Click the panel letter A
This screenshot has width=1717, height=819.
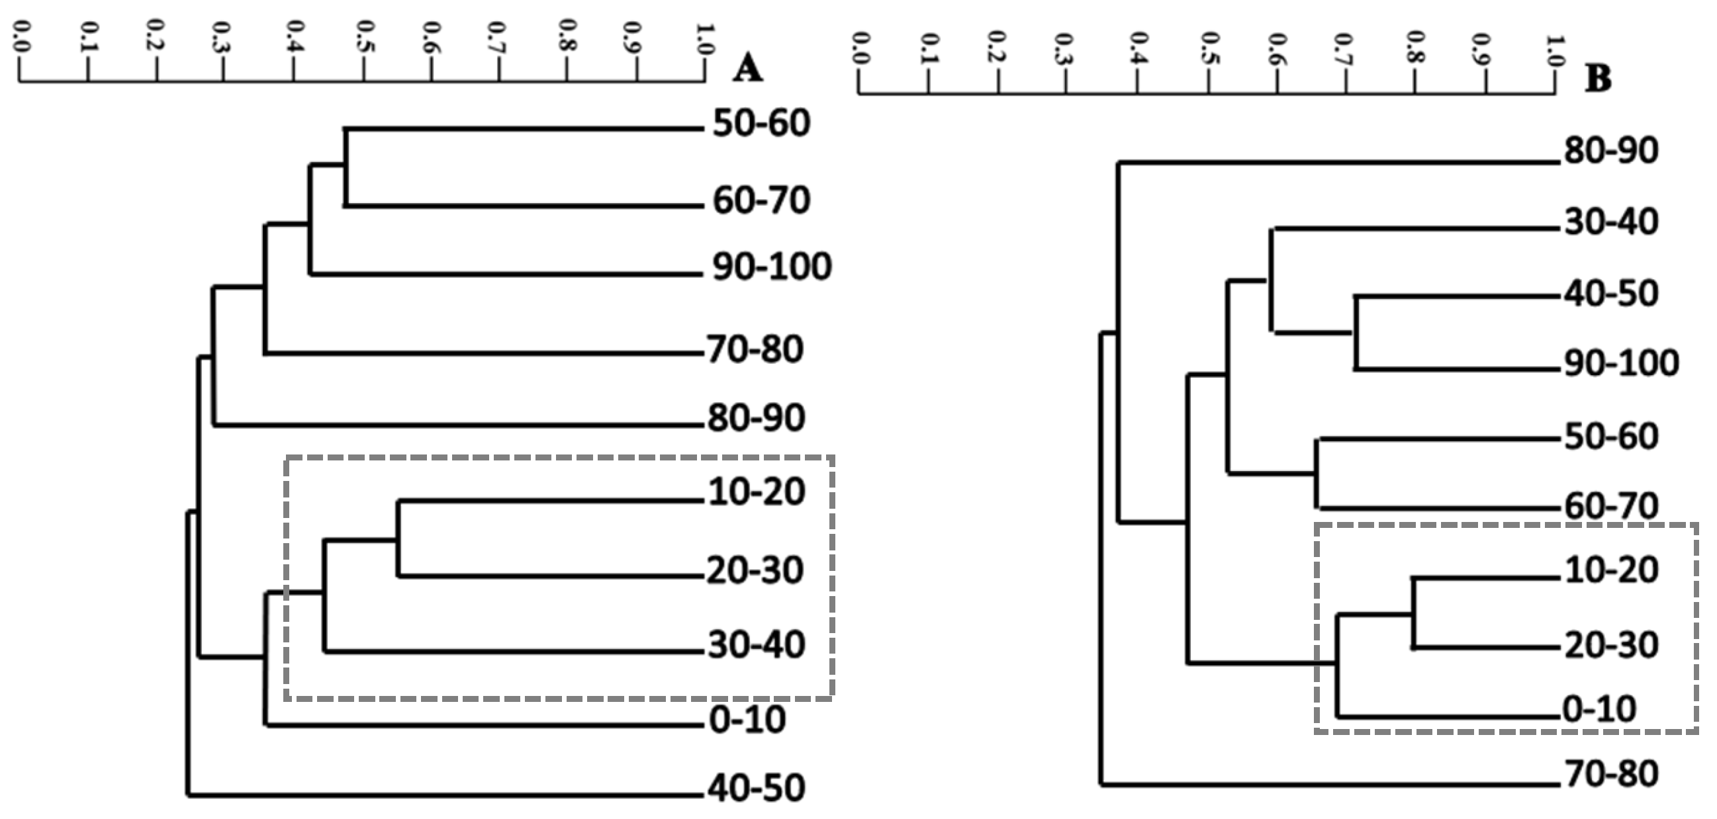click(x=747, y=68)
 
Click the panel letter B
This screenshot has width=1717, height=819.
click(x=1599, y=79)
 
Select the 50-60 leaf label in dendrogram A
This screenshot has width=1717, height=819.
click(x=761, y=123)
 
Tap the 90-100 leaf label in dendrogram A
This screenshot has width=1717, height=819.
click(x=772, y=267)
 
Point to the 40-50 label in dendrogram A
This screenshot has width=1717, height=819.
click(x=756, y=787)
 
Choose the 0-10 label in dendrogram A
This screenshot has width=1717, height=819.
click(x=747, y=720)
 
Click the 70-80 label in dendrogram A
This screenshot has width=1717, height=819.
click(x=755, y=349)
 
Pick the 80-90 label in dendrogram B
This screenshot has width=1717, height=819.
click(x=1611, y=151)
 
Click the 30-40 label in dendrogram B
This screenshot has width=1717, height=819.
click(x=1611, y=222)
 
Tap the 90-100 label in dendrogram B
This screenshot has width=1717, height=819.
click(x=1621, y=363)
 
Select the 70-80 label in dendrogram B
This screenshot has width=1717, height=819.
click(x=1611, y=774)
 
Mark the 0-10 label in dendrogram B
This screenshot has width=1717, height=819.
click(x=1600, y=709)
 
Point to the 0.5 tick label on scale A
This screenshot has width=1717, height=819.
click(x=363, y=37)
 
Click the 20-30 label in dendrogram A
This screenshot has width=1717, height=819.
click(x=755, y=570)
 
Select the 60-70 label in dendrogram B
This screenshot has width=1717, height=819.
click(x=1611, y=506)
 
